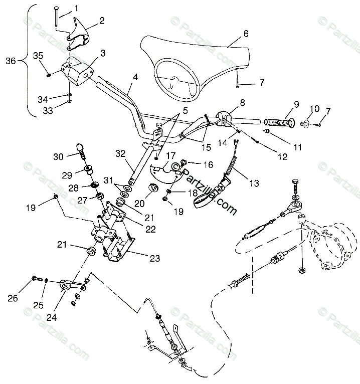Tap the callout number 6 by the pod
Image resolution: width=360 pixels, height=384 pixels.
coord(246,34)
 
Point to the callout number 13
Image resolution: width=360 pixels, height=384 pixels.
coord(254,183)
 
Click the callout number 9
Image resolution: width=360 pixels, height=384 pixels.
coord(296,104)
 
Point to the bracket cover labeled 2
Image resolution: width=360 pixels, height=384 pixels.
coord(79,31)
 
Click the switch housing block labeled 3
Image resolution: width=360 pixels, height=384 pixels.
coord(78,70)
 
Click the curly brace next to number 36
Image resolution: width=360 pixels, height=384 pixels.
coord(29,61)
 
